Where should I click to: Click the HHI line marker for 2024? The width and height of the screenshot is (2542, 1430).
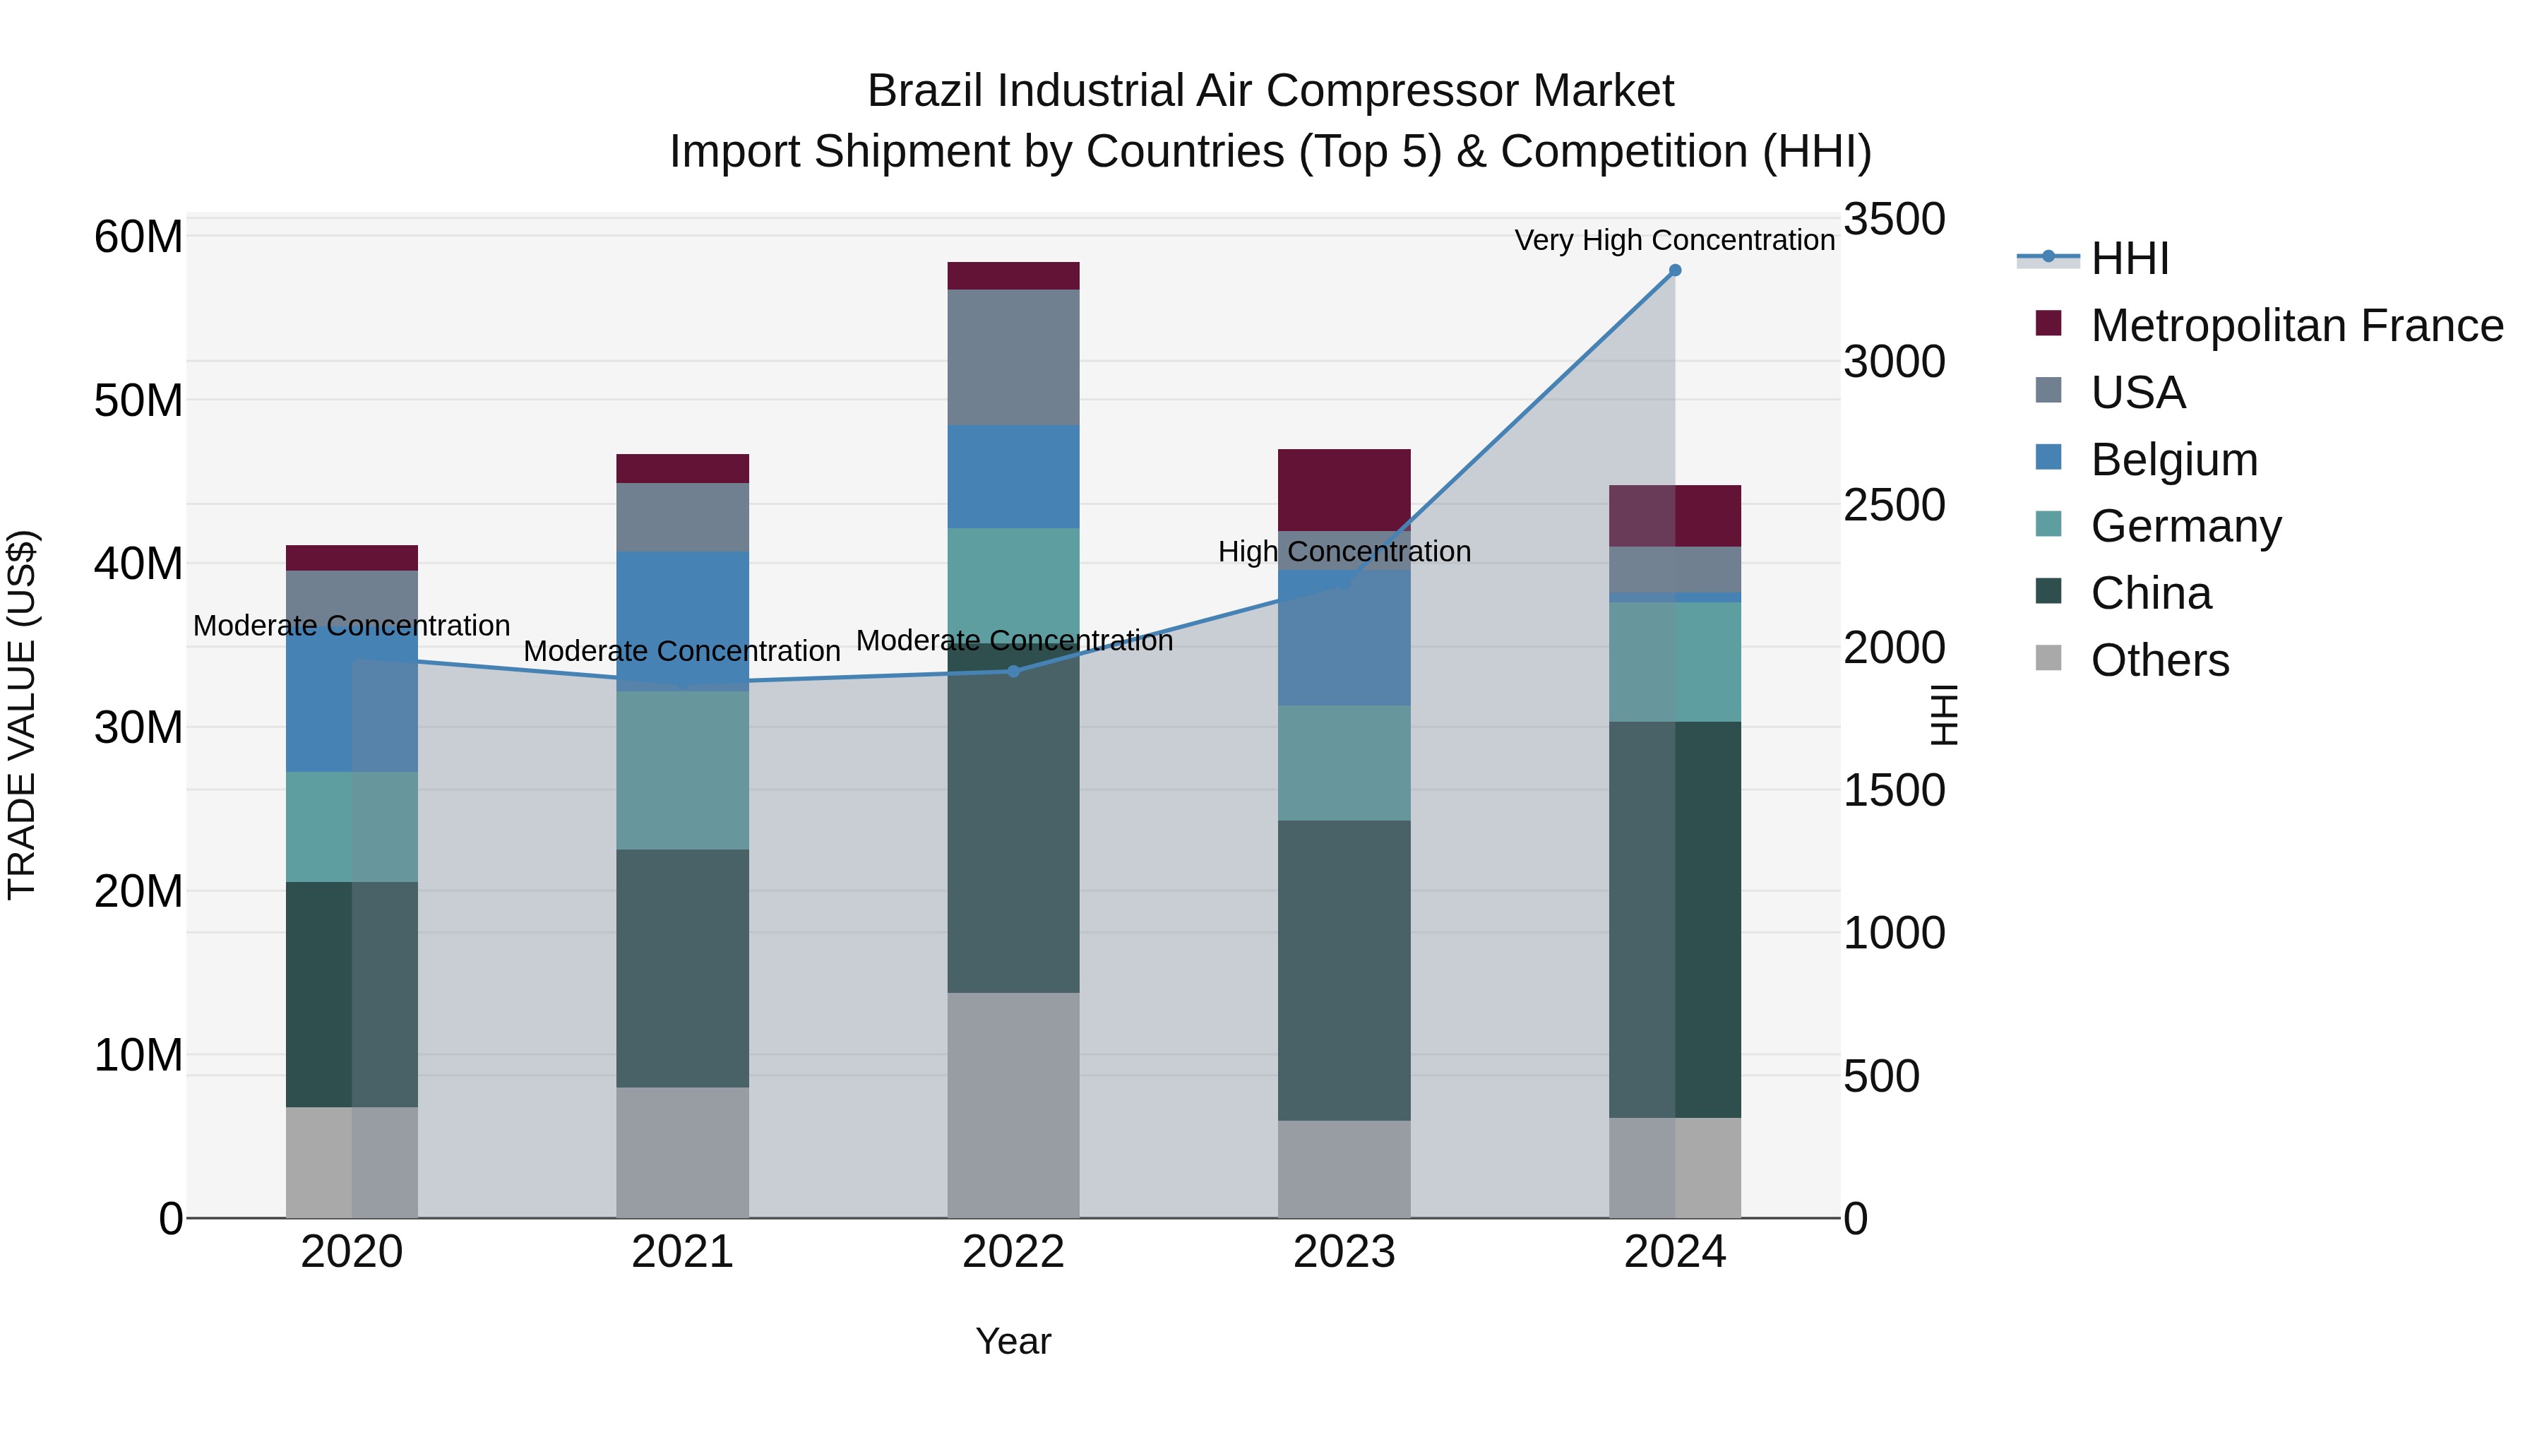(1675, 270)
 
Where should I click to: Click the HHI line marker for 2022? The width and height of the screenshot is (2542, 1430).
(1013, 671)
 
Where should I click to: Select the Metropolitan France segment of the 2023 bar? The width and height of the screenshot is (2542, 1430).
(1344, 489)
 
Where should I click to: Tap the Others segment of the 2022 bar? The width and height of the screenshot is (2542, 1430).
(1013, 1104)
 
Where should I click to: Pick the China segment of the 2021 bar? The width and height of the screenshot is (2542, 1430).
(683, 968)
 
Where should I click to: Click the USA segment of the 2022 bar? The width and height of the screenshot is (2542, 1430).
(1013, 357)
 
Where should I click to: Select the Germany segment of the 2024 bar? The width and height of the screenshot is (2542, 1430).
(1675, 661)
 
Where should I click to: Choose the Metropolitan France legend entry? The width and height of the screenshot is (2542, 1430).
(2296, 326)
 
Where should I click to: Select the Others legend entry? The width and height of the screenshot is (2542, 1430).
(2159, 660)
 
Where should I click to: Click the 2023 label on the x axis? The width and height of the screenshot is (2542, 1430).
(1344, 1252)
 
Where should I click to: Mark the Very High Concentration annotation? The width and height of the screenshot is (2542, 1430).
(1675, 240)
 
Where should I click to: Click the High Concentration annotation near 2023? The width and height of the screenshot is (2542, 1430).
(1344, 552)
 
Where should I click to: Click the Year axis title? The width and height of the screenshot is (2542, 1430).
(1013, 1341)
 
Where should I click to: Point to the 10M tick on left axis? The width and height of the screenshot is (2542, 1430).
(138, 1055)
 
